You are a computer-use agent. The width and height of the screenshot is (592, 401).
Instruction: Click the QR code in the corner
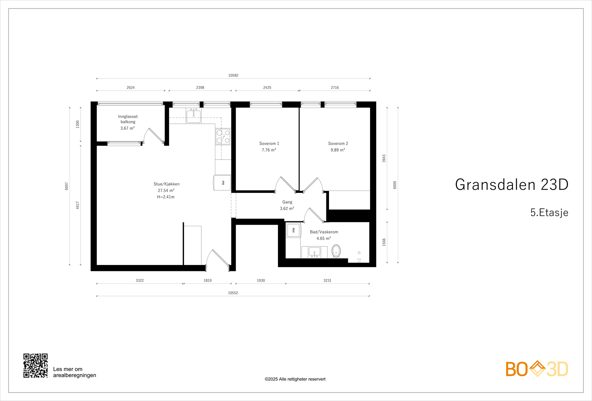(x=36, y=366)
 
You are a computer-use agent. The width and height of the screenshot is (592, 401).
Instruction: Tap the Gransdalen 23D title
(x=511, y=184)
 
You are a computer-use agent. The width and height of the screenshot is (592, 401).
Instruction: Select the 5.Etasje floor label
(x=549, y=213)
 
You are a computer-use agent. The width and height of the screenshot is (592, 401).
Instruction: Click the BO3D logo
(x=536, y=369)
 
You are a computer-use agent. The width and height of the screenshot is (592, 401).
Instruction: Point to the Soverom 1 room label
(x=269, y=143)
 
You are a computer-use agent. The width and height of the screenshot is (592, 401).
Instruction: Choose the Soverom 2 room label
(x=338, y=143)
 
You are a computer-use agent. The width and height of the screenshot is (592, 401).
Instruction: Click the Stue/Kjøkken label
(x=166, y=184)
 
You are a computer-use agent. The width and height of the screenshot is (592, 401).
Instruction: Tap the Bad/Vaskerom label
(x=324, y=232)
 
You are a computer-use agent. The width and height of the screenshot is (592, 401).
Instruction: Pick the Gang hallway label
(x=287, y=202)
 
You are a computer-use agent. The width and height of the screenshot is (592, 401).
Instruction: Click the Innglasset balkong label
(x=128, y=119)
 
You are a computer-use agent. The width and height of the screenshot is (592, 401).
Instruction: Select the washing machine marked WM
(x=293, y=230)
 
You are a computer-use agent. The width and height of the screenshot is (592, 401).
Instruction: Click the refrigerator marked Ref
(x=222, y=183)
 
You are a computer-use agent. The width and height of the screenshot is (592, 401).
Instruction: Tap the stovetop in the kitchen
(x=223, y=136)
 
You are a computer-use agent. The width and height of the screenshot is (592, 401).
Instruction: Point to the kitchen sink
(x=194, y=116)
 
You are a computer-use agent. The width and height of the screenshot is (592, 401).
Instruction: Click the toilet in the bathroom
(x=336, y=251)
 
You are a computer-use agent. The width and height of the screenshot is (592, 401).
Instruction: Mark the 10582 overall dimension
(x=233, y=75)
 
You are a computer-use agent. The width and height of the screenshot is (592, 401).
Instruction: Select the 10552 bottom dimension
(x=233, y=293)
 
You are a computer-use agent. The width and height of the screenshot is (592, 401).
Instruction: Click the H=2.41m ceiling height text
(x=166, y=197)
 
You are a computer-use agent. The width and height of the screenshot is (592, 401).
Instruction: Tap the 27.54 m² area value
(x=166, y=191)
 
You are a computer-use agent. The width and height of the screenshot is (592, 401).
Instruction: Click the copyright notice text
(x=295, y=379)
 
